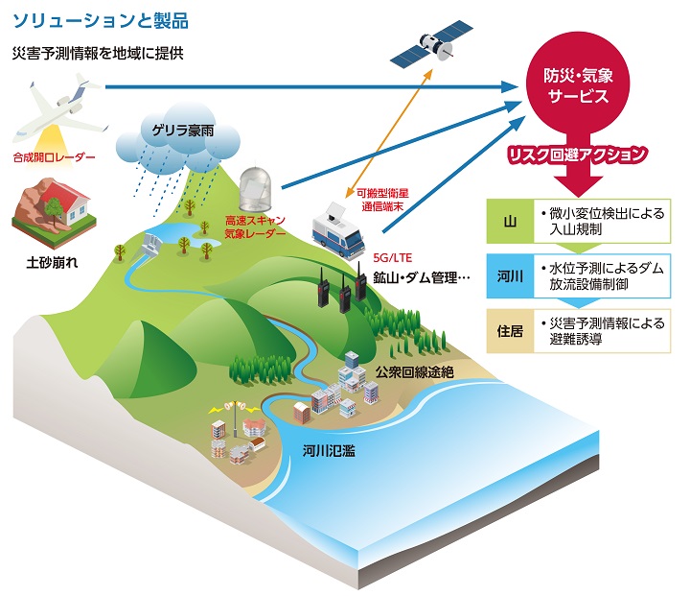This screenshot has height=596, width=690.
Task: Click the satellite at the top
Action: coord(431,44)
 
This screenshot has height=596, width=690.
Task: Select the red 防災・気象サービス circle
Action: coord(578,85)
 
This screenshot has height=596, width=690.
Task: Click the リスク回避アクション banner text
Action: coord(577,155)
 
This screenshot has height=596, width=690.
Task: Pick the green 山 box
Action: coord(510,222)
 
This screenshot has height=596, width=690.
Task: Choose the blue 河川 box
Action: coord(510,276)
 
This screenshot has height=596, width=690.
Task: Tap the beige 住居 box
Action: coord(510,331)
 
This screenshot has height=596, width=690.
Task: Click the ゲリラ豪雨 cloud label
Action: coord(183,131)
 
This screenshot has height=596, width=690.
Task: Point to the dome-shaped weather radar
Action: coord(255,189)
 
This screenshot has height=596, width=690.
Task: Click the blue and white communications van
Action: coord(338,232)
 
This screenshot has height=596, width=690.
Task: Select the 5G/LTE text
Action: coord(393,258)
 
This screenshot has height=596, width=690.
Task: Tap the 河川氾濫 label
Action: coord(329,451)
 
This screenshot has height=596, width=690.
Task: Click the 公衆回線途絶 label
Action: coord(415,372)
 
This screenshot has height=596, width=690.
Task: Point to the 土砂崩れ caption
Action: coord(52,263)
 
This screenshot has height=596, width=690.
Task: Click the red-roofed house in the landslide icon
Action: coord(67,203)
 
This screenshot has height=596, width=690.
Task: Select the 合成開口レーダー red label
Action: coord(54,157)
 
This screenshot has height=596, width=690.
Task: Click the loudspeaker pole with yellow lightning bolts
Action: coord(236,417)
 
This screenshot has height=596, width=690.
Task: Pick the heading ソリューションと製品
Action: coord(101,21)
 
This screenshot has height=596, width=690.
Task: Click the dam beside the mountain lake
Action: coord(150,246)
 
